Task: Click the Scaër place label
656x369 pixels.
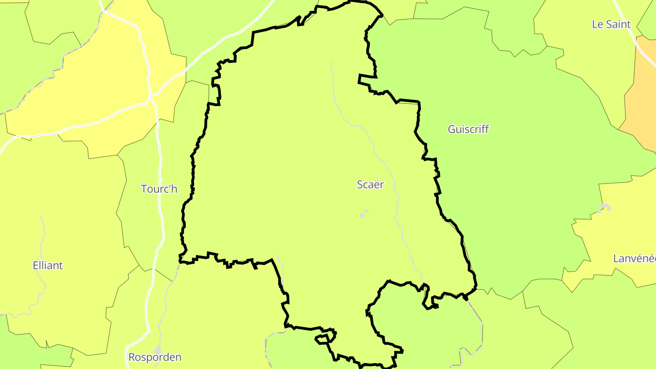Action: click(370, 184)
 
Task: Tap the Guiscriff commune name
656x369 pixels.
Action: click(468, 129)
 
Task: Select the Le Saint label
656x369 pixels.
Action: click(611, 25)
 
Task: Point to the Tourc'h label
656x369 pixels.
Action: click(159, 189)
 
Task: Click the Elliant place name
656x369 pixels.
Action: click(48, 265)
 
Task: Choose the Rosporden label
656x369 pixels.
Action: click(155, 357)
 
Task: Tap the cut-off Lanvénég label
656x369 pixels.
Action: click(634, 259)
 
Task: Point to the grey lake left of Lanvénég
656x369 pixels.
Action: click(604, 209)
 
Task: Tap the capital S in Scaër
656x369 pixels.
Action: click(360, 184)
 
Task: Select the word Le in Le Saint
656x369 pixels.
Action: click(597, 25)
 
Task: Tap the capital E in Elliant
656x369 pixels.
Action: click(36, 265)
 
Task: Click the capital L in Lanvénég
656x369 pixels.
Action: click(616, 259)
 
